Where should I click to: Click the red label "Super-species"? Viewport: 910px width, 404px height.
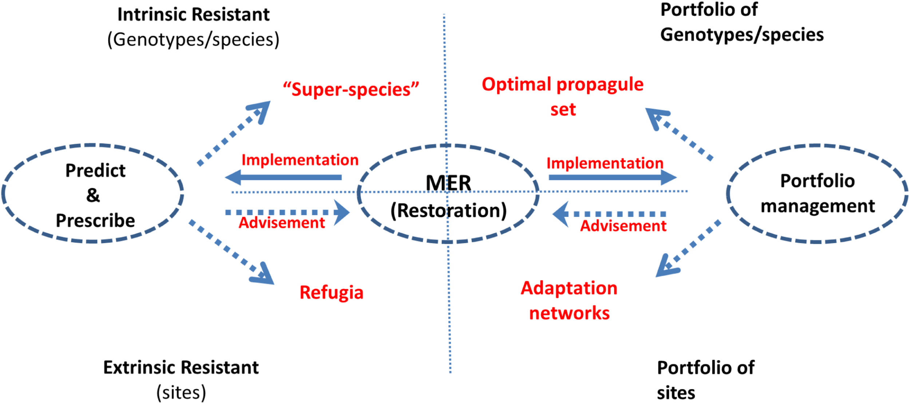coord(351,89)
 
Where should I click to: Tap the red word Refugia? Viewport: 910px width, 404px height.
coord(331,292)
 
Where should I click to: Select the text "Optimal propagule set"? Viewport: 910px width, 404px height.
coord(562,96)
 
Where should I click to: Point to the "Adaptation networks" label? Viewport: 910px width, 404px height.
coord(569,300)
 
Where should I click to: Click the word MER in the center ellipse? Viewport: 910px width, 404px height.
coord(448,183)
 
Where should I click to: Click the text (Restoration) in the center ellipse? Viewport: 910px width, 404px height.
coord(448,211)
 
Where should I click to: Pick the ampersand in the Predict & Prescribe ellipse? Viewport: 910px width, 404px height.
coord(93,195)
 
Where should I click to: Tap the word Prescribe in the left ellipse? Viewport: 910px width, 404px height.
coord(95,221)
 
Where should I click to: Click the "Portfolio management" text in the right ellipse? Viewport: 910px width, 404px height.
coord(818,193)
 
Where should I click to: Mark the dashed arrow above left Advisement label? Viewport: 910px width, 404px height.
coord(288,212)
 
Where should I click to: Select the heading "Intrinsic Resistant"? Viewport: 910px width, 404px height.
coord(193,15)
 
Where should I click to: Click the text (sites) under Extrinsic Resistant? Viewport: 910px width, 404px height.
coord(181,393)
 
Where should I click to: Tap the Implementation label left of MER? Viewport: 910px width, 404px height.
coord(300,160)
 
